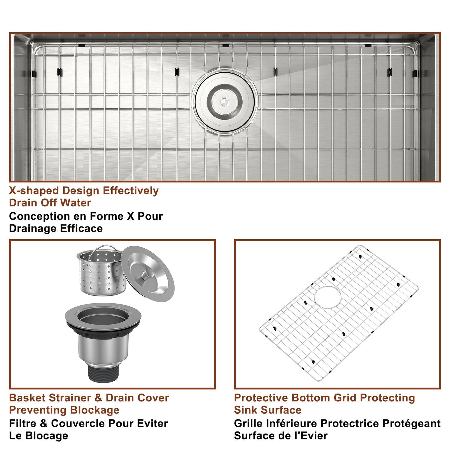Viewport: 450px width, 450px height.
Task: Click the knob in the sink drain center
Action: tap(223, 101)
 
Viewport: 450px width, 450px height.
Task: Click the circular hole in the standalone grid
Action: tap(328, 297)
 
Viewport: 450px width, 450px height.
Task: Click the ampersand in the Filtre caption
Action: tap(43, 424)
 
